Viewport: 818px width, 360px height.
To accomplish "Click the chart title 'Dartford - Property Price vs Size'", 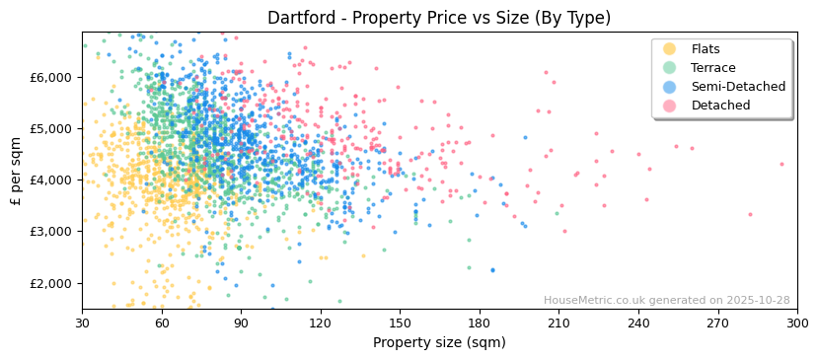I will point(439,18).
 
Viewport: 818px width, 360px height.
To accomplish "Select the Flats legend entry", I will point(706,49).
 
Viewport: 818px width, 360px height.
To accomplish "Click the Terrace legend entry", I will point(712,68).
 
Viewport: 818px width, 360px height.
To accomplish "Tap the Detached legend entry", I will point(720,106).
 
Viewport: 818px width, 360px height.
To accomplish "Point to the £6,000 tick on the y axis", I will point(51,77).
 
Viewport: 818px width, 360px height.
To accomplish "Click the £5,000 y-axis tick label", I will point(51,128).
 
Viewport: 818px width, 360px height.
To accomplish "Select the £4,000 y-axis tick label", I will point(51,180).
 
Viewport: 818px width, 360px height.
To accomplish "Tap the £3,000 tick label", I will point(51,232).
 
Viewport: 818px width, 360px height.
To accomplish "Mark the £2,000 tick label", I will point(51,283).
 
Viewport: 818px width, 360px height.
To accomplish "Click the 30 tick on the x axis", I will point(82,323).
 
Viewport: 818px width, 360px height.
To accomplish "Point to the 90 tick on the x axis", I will point(241,323).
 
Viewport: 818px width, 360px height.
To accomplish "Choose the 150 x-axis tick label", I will point(400,323).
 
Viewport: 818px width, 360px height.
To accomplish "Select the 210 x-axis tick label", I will point(558,323).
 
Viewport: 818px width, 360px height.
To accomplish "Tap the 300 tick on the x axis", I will point(796,323).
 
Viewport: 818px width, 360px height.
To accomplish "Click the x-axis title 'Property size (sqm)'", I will point(439,342).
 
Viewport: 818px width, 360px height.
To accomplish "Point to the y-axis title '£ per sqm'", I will point(17,171).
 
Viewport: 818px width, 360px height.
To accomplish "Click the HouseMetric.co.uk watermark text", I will point(666,301).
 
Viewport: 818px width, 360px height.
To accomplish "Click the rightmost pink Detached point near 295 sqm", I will point(781,165).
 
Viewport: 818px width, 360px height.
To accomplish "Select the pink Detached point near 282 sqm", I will point(750,214).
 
